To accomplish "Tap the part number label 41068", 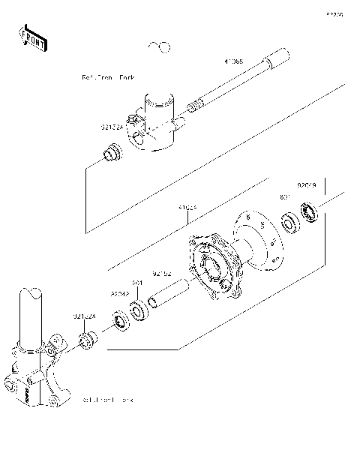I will (x=233, y=61).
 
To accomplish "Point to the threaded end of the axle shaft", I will (x=193, y=106).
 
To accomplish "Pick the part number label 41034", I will (x=187, y=206).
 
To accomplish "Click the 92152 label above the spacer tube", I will (x=163, y=274).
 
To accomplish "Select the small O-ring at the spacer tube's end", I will (x=151, y=303).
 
